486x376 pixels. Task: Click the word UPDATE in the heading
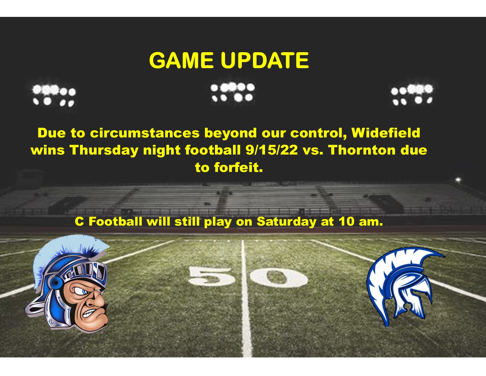(x=265, y=60)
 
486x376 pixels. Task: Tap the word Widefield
(x=386, y=133)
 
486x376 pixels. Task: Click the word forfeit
(x=238, y=168)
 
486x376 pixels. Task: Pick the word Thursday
(x=104, y=150)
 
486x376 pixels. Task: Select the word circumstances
(x=145, y=133)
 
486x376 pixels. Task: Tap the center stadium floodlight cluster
(x=232, y=92)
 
